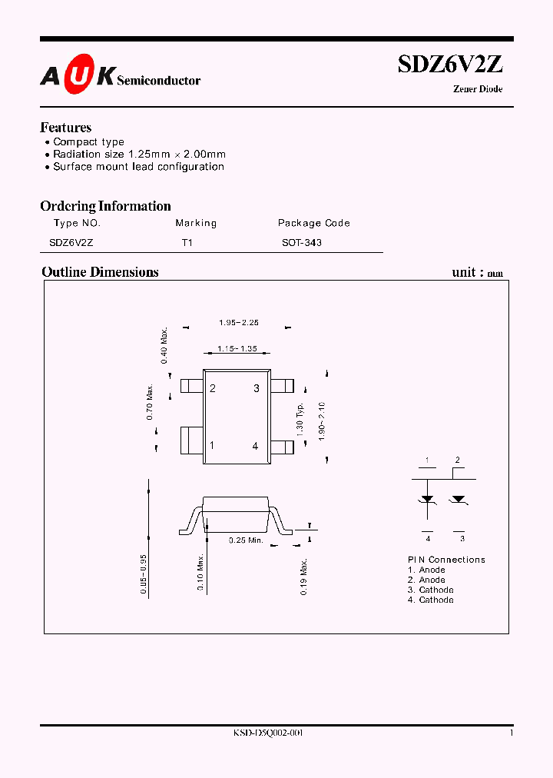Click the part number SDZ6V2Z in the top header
click(x=450, y=65)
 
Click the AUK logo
click(x=78, y=76)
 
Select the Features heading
click(x=65, y=128)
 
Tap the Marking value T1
click(x=187, y=242)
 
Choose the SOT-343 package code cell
click(x=302, y=242)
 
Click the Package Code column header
click(x=313, y=223)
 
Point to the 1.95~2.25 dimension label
click(x=238, y=323)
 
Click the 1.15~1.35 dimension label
click(x=237, y=349)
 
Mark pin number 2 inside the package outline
click(x=213, y=388)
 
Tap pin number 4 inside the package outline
click(x=256, y=446)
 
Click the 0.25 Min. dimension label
click(x=246, y=540)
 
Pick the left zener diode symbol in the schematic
click(x=427, y=499)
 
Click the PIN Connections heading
click(x=446, y=560)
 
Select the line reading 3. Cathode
click(x=430, y=590)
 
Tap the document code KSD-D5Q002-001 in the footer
click(x=268, y=733)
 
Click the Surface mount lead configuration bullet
click(x=138, y=166)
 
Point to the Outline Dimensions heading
click(x=100, y=272)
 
